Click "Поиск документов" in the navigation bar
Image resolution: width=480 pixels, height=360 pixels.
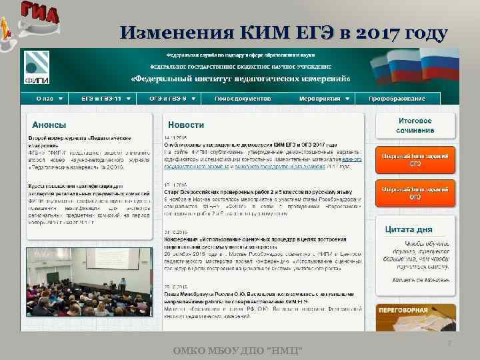(243, 98)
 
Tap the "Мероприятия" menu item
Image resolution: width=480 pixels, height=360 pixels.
(320, 98)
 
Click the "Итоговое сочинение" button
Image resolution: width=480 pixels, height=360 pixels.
(415, 125)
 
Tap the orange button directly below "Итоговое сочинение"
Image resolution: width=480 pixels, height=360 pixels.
(415, 159)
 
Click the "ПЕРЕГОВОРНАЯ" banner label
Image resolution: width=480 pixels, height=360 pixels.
(403, 311)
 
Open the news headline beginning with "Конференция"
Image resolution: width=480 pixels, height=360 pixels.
(261, 238)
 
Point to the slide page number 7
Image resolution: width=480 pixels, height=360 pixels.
(449, 343)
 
